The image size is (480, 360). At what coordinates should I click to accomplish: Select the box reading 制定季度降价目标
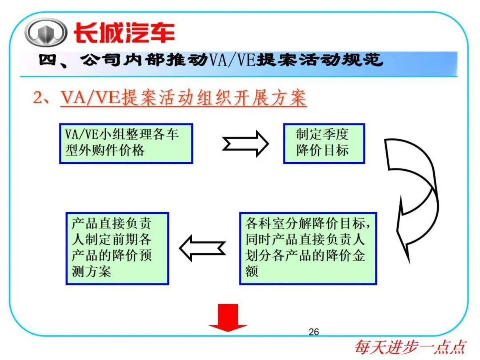pyautogui.click(x=324, y=143)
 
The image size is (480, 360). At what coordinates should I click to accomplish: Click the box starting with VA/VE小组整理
pyautogui.click(x=126, y=143)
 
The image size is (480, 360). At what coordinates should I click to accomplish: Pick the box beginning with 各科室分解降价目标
pyautogui.click(x=308, y=248)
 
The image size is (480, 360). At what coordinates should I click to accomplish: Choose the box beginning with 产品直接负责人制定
pyautogui.click(x=117, y=248)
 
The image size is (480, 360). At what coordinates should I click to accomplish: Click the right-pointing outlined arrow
pyautogui.click(x=245, y=144)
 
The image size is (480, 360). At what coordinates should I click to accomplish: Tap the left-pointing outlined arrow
pyautogui.click(x=204, y=248)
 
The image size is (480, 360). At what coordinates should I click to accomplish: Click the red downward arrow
pyautogui.click(x=228, y=317)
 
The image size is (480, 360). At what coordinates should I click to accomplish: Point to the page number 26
pyautogui.click(x=314, y=332)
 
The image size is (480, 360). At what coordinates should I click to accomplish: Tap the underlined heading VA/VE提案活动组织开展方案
pyautogui.click(x=183, y=98)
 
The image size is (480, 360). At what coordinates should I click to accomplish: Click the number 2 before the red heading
pyautogui.click(x=38, y=98)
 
